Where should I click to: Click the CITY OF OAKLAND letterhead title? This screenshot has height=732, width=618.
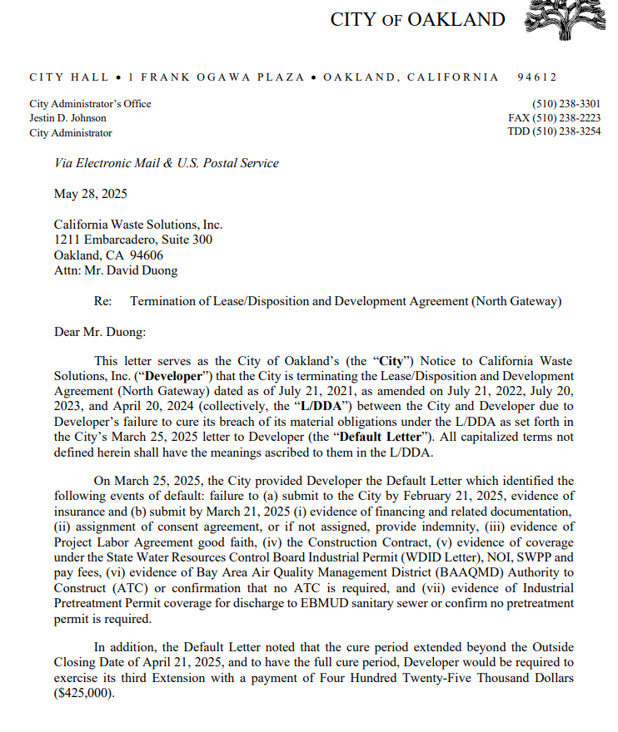coord(417,19)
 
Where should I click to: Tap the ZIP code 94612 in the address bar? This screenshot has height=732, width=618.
coord(536,77)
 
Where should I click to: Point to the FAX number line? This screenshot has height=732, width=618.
coord(554,118)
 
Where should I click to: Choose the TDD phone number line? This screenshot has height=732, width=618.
coord(554,132)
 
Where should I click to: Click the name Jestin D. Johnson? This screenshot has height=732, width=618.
coord(67,118)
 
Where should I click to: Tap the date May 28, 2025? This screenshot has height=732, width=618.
coord(90,194)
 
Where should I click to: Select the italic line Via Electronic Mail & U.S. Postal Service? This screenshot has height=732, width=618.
coord(167,163)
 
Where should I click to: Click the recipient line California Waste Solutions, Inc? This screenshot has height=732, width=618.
coord(138,225)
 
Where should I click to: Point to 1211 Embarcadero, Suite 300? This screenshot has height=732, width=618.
coord(133,240)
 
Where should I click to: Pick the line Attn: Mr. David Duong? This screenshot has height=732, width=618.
coord(116,270)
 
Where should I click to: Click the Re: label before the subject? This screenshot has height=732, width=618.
coord(104,301)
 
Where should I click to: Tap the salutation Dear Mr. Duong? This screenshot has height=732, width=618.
coord(100,332)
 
